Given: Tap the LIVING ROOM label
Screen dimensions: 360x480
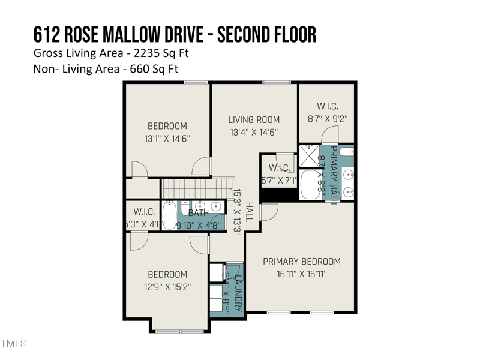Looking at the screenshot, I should tap(254, 120).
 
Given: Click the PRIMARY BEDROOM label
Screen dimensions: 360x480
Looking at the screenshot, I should tap(302, 262).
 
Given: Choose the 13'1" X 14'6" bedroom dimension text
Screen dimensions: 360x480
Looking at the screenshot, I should tap(167, 138).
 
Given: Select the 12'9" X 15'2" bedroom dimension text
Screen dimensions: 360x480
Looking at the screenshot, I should tap(167, 287).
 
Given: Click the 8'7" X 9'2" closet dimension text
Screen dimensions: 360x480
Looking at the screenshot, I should tap(328, 119).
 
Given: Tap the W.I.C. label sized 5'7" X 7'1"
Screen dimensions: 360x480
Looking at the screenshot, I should tap(280, 168).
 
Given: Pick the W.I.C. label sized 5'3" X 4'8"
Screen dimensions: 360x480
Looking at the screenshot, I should tap(144, 212).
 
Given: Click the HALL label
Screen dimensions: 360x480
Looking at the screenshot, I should tap(250, 212).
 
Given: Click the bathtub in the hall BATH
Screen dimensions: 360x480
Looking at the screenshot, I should tap(170, 215).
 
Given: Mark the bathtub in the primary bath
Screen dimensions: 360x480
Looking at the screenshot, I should tap(310, 185).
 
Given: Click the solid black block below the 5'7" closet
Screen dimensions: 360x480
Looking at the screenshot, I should tap(279, 196).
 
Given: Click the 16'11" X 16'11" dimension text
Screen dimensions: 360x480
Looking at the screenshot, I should tap(302, 274).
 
